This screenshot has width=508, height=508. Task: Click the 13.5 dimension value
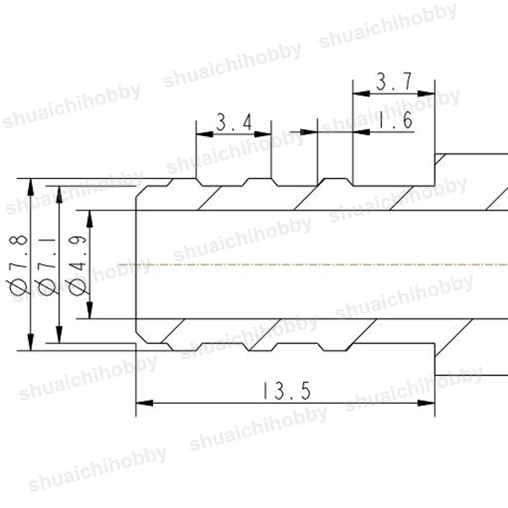coord(286,391)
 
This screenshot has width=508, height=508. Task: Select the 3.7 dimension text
coord(394,81)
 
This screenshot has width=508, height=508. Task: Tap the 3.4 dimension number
coord(234,122)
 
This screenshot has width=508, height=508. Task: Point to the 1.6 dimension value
coord(395,120)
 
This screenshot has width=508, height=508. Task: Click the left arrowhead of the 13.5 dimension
coord(145,403)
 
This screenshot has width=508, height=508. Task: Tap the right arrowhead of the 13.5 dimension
coord(426,403)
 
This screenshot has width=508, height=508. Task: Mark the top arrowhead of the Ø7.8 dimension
coord(30,187)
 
